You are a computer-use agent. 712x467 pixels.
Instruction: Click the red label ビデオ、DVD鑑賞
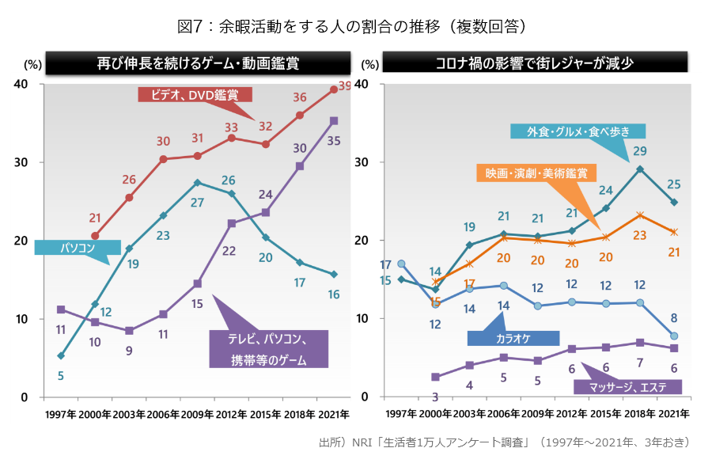tap(195, 95)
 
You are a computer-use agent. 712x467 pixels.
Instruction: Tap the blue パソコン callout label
tap(77, 248)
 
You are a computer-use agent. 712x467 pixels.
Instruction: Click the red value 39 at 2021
tap(344, 85)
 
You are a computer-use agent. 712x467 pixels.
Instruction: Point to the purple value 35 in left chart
tap(334, 141)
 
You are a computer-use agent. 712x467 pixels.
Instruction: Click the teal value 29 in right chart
tap(640, 150)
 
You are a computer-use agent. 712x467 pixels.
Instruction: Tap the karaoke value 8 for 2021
tap(673, 318)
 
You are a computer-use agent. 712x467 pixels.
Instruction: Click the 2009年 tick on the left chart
tap(197, 414)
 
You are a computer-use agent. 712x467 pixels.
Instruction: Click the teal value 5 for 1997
tap(60, 375)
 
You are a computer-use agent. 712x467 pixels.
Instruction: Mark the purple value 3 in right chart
tap(435, 396)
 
